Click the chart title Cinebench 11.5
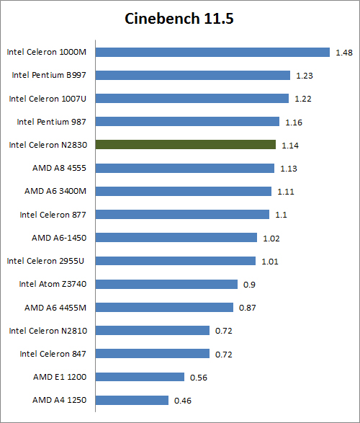[179, 19]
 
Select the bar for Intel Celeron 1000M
[212, 52]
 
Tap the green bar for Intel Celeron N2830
[186, 145]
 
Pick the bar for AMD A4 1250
[132, 400]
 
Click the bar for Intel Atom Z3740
[166, 284]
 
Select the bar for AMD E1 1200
[140, 377]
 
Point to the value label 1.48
[343, 53]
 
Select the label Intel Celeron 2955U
[48, 261]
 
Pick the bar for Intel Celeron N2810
[153, 330]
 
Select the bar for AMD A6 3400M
[184, 191]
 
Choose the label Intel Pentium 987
[52, 122]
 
